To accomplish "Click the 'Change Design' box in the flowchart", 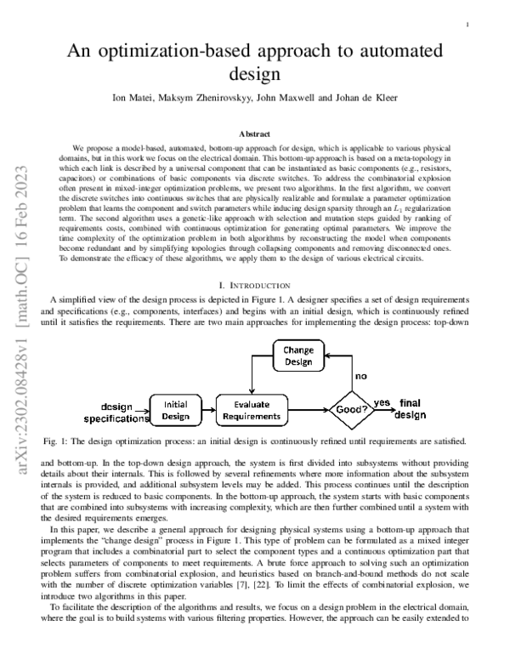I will pyautogui.click(x=297, y=356).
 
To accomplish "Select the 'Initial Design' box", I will pyautogui.click(x=176, y=410).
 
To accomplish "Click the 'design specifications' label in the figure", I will pyautogui.click(x=111, y=412).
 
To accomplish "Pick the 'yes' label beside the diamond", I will pyautogui.click(x=382, y=402).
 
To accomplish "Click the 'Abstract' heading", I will pyautogui.click(x=255, y=134).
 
